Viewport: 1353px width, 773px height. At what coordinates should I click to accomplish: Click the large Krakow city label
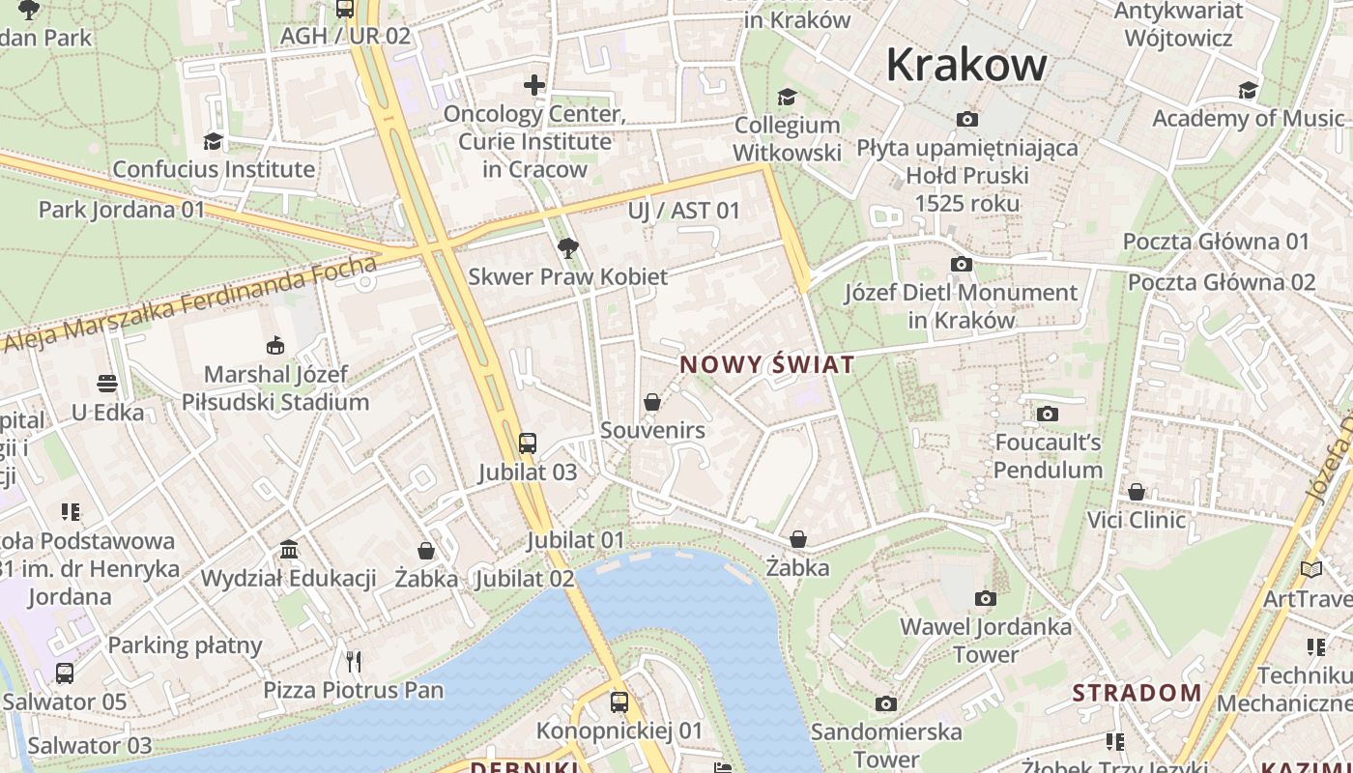click(965, 66)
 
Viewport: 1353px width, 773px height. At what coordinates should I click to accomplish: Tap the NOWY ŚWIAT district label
click(767, 364)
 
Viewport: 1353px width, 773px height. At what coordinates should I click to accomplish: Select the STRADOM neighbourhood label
click(1137, 693)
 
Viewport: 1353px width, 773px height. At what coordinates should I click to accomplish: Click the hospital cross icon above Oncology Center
click(534, 86)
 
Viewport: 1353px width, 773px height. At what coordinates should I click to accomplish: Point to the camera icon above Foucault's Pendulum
click(1047, 415)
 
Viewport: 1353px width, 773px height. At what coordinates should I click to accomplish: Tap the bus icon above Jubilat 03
click(528, 444)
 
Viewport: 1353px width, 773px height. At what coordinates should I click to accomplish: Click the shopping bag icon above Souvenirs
click(652, 402)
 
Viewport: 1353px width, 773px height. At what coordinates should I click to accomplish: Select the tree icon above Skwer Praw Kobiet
click(568, 248)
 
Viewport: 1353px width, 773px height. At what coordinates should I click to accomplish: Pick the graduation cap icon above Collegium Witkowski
click(787, 98)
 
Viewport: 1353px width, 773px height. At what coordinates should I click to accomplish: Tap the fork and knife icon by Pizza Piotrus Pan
click(354, 662)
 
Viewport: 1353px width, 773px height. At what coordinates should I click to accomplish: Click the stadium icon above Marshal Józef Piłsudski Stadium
click(275, 345)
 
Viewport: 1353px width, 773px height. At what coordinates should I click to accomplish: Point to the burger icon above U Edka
click(107, 384)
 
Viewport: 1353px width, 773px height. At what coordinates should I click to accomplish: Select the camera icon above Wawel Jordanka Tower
click(985, 599)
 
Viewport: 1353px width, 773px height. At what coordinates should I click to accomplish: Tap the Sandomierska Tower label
click(886, 745)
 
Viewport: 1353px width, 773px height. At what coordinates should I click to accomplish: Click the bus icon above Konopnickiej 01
click(619, 702)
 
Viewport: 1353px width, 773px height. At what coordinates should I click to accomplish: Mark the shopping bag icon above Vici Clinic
click(1137, 492)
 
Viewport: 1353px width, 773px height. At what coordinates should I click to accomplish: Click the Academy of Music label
click(1248, 118)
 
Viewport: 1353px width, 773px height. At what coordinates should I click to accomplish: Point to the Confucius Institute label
click(214, 169)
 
